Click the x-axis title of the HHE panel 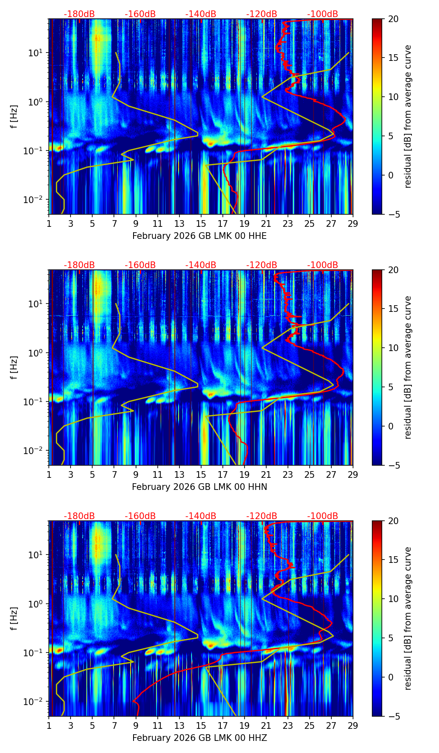pyautogui.click(x=199, y=236)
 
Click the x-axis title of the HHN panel pyautogui.click(x=199, y=487)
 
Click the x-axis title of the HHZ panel pyautogui.click(x=199, y=738)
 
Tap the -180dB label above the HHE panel pyautogui.click(x=79, y=15)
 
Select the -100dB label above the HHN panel pyautogui.click(x=323, y=266)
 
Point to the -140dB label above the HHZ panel pyautogui.click(x=201, y=517)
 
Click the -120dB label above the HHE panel pyautogui.click(x=262, y=15)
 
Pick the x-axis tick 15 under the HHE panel pyautogui.click(x=201, y=223)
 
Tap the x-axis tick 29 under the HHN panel pyautogui.click(x=353, y=474)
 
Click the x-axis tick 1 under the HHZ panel pyautogui.click(x=49, y=725)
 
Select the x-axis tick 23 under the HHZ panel pyautogui.click(x=288, y=725)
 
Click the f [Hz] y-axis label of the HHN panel pyautogui.click(x=14, y=367)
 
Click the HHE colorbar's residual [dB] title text pyautogui.click(x=408, y=117)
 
